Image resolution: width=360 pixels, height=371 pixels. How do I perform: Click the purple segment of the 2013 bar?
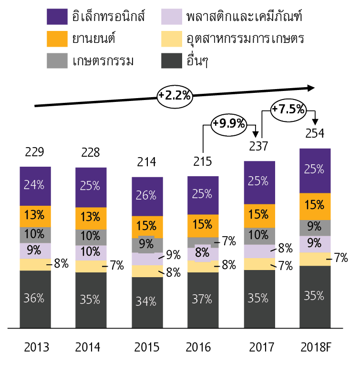pos(35,186)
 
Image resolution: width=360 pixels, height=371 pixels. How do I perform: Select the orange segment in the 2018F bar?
pos(315,206)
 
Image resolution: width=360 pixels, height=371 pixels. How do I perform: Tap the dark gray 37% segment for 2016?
pos(203,300)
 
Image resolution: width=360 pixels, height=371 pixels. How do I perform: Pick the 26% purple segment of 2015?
pos(147,195)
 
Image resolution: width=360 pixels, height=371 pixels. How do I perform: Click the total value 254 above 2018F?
pos(315,133)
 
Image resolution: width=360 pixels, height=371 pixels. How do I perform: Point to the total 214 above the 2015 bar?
pos(147,162)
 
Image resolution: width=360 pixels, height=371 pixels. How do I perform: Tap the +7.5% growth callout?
pos(288,109)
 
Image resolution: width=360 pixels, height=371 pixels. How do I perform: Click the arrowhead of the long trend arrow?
pos(310,88)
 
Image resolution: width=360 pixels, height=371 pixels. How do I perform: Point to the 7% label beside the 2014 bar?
pos(116,265)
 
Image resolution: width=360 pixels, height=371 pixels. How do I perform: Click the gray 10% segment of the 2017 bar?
pos(259,234)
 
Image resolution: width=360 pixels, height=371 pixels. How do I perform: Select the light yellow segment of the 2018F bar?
pos(315,259)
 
